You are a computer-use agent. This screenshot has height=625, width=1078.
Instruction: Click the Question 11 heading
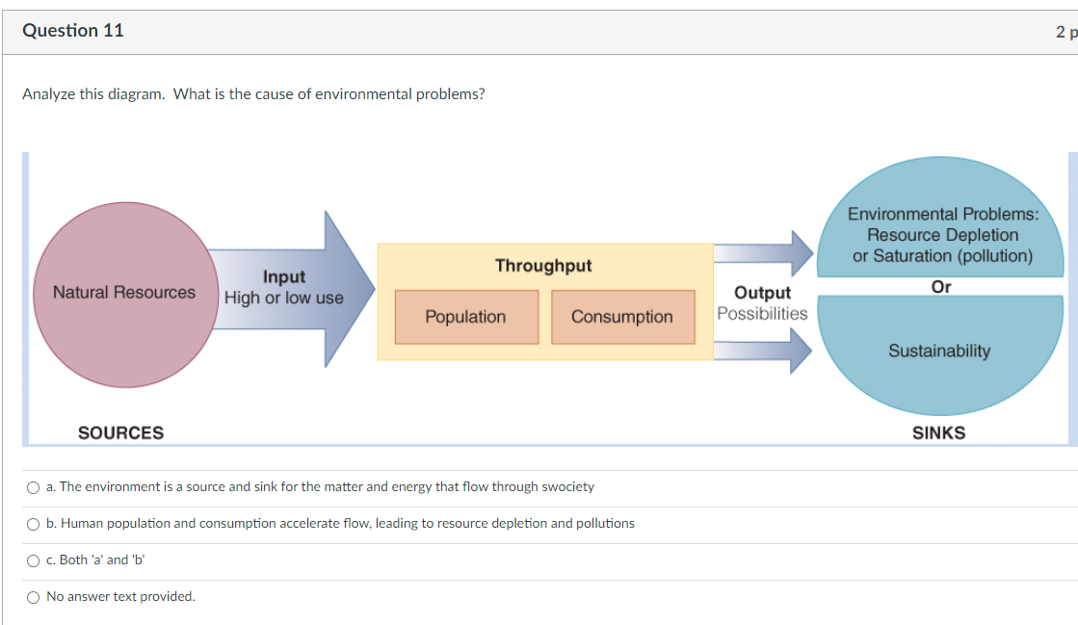(x=73, y=31)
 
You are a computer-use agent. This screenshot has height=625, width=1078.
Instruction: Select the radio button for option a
(x=34, y=487)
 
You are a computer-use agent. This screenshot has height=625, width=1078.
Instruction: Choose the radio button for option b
(x=34, y=524)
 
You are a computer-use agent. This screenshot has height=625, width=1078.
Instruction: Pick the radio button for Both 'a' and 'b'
(x=34, y=560)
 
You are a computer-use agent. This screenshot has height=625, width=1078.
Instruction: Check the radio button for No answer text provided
(x=34, y=597)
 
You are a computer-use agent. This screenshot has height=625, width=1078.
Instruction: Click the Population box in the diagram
(x=465, y=317)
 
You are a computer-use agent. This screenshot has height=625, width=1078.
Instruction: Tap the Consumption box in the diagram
(x=622, y=317)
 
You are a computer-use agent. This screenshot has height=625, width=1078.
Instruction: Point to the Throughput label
(x=543, y=266)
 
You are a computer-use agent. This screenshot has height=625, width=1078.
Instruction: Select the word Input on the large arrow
(x=284, y=277)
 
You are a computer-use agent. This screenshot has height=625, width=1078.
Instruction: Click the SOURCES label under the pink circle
(x=120, y=433)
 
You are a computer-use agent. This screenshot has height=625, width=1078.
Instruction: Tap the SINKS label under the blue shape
(x=938, y=433)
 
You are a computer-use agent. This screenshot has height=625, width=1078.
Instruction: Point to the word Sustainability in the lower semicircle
(x=938, y=352)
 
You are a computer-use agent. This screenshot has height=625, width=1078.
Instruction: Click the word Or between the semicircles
(x=941, y=287)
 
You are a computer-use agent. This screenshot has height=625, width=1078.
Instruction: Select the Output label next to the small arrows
(x=762, y=293)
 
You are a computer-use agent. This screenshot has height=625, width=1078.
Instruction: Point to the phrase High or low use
(x=284, y=299)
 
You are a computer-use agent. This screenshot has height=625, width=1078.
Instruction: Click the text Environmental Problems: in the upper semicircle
(x=943, y=215)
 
